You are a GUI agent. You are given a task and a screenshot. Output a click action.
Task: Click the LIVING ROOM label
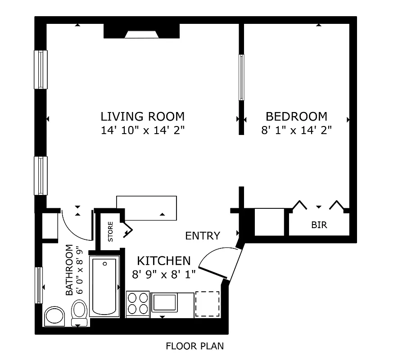click(142, 117)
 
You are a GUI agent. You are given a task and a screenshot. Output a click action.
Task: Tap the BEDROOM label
click(296, 117)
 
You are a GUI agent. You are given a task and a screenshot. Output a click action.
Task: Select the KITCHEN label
click(164, 261)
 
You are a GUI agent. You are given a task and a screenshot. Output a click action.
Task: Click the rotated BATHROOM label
click(69, 270)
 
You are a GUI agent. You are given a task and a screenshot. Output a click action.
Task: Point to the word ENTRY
click(203, 236)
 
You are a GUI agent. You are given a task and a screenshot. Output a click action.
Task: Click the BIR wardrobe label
click(319, 225)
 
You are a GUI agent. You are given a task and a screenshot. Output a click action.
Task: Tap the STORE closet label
click(110, 229)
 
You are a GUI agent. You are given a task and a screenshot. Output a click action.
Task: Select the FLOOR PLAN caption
click(194, 346)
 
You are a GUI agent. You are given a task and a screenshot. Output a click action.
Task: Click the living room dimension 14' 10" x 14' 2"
click(142, 130)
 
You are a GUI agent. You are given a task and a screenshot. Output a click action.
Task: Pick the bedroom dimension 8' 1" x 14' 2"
click(296, 130)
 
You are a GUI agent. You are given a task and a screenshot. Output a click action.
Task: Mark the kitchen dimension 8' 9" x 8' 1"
click(164, 274)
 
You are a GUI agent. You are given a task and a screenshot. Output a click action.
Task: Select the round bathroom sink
click(55, 316)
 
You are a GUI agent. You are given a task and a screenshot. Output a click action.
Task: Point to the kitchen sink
click(165, 302)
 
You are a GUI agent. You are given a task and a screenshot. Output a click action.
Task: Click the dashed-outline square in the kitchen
click(207, 303)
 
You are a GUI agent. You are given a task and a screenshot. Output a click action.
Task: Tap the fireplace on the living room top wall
click(141, 32)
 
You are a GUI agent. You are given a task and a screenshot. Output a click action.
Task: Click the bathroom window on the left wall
click(39, 285)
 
